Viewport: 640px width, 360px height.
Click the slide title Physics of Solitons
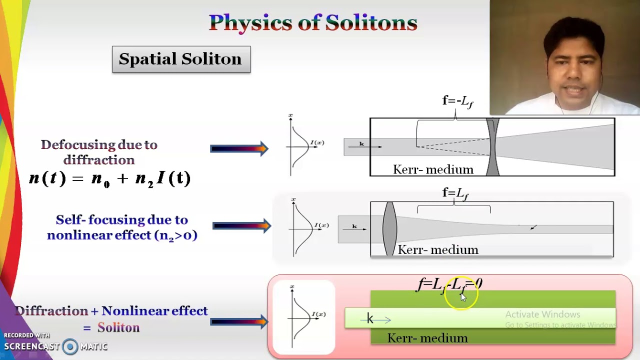[x=313, y=22]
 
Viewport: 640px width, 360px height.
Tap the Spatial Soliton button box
[x=181, y=59]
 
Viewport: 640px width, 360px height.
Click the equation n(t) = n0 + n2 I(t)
[x=110, y=178]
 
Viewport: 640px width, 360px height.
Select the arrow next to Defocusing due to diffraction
[x=239, y=148]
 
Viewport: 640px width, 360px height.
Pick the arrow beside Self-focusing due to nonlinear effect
[x=241, y=226]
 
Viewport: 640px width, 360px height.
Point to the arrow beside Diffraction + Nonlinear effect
[x=239, y=321]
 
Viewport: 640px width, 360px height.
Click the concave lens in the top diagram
[x=492, y=147]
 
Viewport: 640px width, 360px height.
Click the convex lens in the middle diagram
[x=389, y=228]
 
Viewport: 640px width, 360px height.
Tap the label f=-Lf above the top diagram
[x=457, y=101]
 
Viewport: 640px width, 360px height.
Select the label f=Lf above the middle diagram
[x=455, y=193]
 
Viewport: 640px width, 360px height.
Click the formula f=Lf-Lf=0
[x=449, y=284]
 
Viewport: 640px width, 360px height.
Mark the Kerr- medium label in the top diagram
[x=433, y=169]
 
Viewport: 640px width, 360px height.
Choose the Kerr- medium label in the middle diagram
[x=438, y=249]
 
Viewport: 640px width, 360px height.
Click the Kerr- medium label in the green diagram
[x=427, y=338]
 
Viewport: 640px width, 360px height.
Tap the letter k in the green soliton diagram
[x=370, y=318]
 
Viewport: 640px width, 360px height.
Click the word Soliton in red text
[x=118, y=327]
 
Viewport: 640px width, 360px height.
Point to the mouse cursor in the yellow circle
[x=462, y=296]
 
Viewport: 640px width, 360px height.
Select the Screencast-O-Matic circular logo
[x=70, y=346]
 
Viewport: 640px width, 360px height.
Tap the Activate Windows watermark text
[x=542, y=314]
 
